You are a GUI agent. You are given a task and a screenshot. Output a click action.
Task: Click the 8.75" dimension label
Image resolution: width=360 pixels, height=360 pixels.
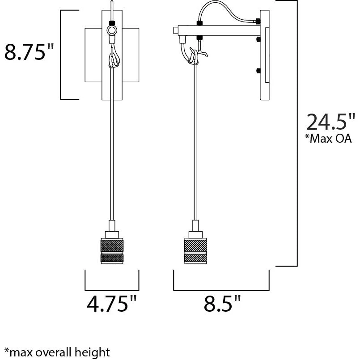coord(29,52)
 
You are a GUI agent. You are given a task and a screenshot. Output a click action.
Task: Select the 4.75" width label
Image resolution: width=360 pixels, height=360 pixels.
coord(112,303)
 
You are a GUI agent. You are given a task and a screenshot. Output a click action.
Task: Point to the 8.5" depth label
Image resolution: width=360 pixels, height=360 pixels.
coord(222,303)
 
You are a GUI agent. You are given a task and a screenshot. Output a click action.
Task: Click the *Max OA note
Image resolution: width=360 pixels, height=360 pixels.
coord(328,139)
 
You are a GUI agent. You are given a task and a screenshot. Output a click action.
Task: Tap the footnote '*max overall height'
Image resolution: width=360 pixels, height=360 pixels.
coord(57,352)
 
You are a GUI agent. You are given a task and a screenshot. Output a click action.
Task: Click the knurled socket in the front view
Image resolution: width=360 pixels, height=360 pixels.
coord(112,251)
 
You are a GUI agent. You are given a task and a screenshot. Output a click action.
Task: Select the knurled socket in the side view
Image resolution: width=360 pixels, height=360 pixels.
coord(195,251)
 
